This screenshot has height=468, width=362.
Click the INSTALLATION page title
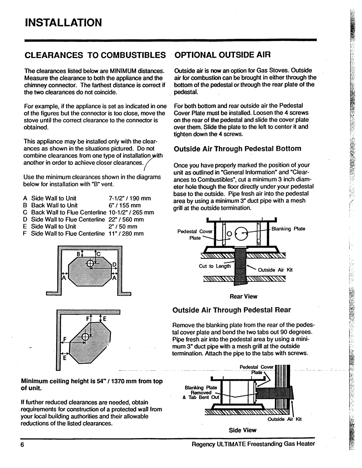pos(63,23)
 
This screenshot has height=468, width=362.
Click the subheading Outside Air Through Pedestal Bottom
pos(237,149)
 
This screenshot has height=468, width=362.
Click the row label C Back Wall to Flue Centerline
pos(67,213)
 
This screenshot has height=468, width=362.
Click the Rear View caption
pos(243,296)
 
